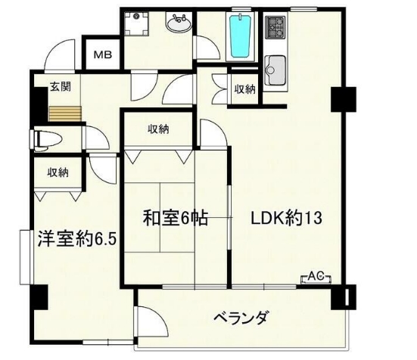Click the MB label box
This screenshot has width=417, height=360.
pos(101,55)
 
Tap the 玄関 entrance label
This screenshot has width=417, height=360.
pos(61,87)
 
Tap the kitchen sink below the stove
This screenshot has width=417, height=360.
pos(275,70)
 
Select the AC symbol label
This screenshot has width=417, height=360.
pos(316,277)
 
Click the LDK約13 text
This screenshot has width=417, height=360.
pos(287,219)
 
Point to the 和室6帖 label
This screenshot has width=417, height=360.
pos(175,219)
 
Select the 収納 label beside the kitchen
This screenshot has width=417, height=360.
pos(244,88)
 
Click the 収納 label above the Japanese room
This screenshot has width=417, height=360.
pos(158,129)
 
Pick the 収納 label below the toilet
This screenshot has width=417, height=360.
pos(58,172)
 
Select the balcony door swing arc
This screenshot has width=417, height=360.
pos(149,321)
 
